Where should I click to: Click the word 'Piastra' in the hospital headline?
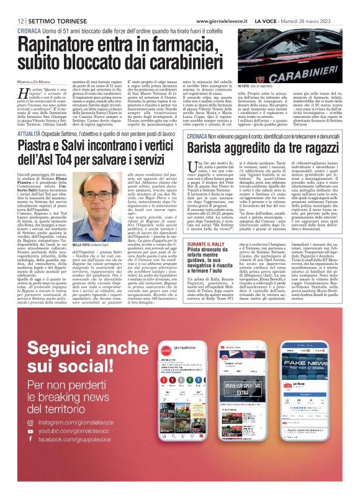(x=38, y=147)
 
